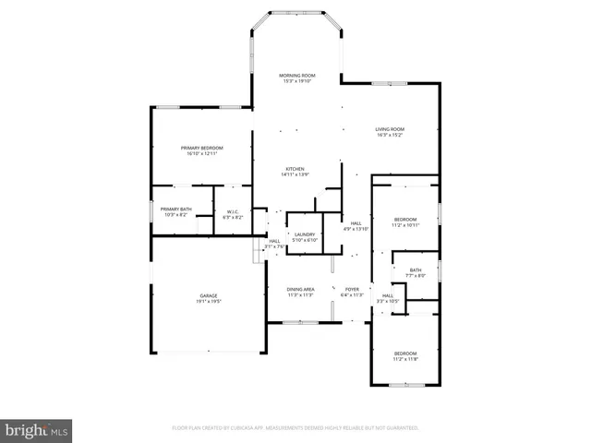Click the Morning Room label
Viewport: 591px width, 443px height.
pos(297,76)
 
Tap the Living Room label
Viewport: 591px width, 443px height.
pos(392,129)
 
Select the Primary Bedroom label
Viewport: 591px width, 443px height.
pos(202,148)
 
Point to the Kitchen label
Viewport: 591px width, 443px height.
pos(295,169)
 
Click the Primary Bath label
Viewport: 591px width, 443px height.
pos(175,210)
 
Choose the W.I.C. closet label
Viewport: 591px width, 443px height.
pos(232,212)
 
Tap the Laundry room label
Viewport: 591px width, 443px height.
pos(304,235)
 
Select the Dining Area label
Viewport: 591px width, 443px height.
pos(301,290)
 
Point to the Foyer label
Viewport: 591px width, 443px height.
pos(352,290)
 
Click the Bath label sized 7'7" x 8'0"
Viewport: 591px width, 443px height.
pos(416,270)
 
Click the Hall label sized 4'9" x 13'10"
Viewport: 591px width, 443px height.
pos(356,222)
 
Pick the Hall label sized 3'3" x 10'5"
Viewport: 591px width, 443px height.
pos(388,295)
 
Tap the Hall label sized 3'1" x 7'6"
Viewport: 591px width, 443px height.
pos(274,241)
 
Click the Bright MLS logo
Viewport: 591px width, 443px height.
pos(37,429)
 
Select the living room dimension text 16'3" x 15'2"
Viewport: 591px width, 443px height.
pos(392,136)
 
